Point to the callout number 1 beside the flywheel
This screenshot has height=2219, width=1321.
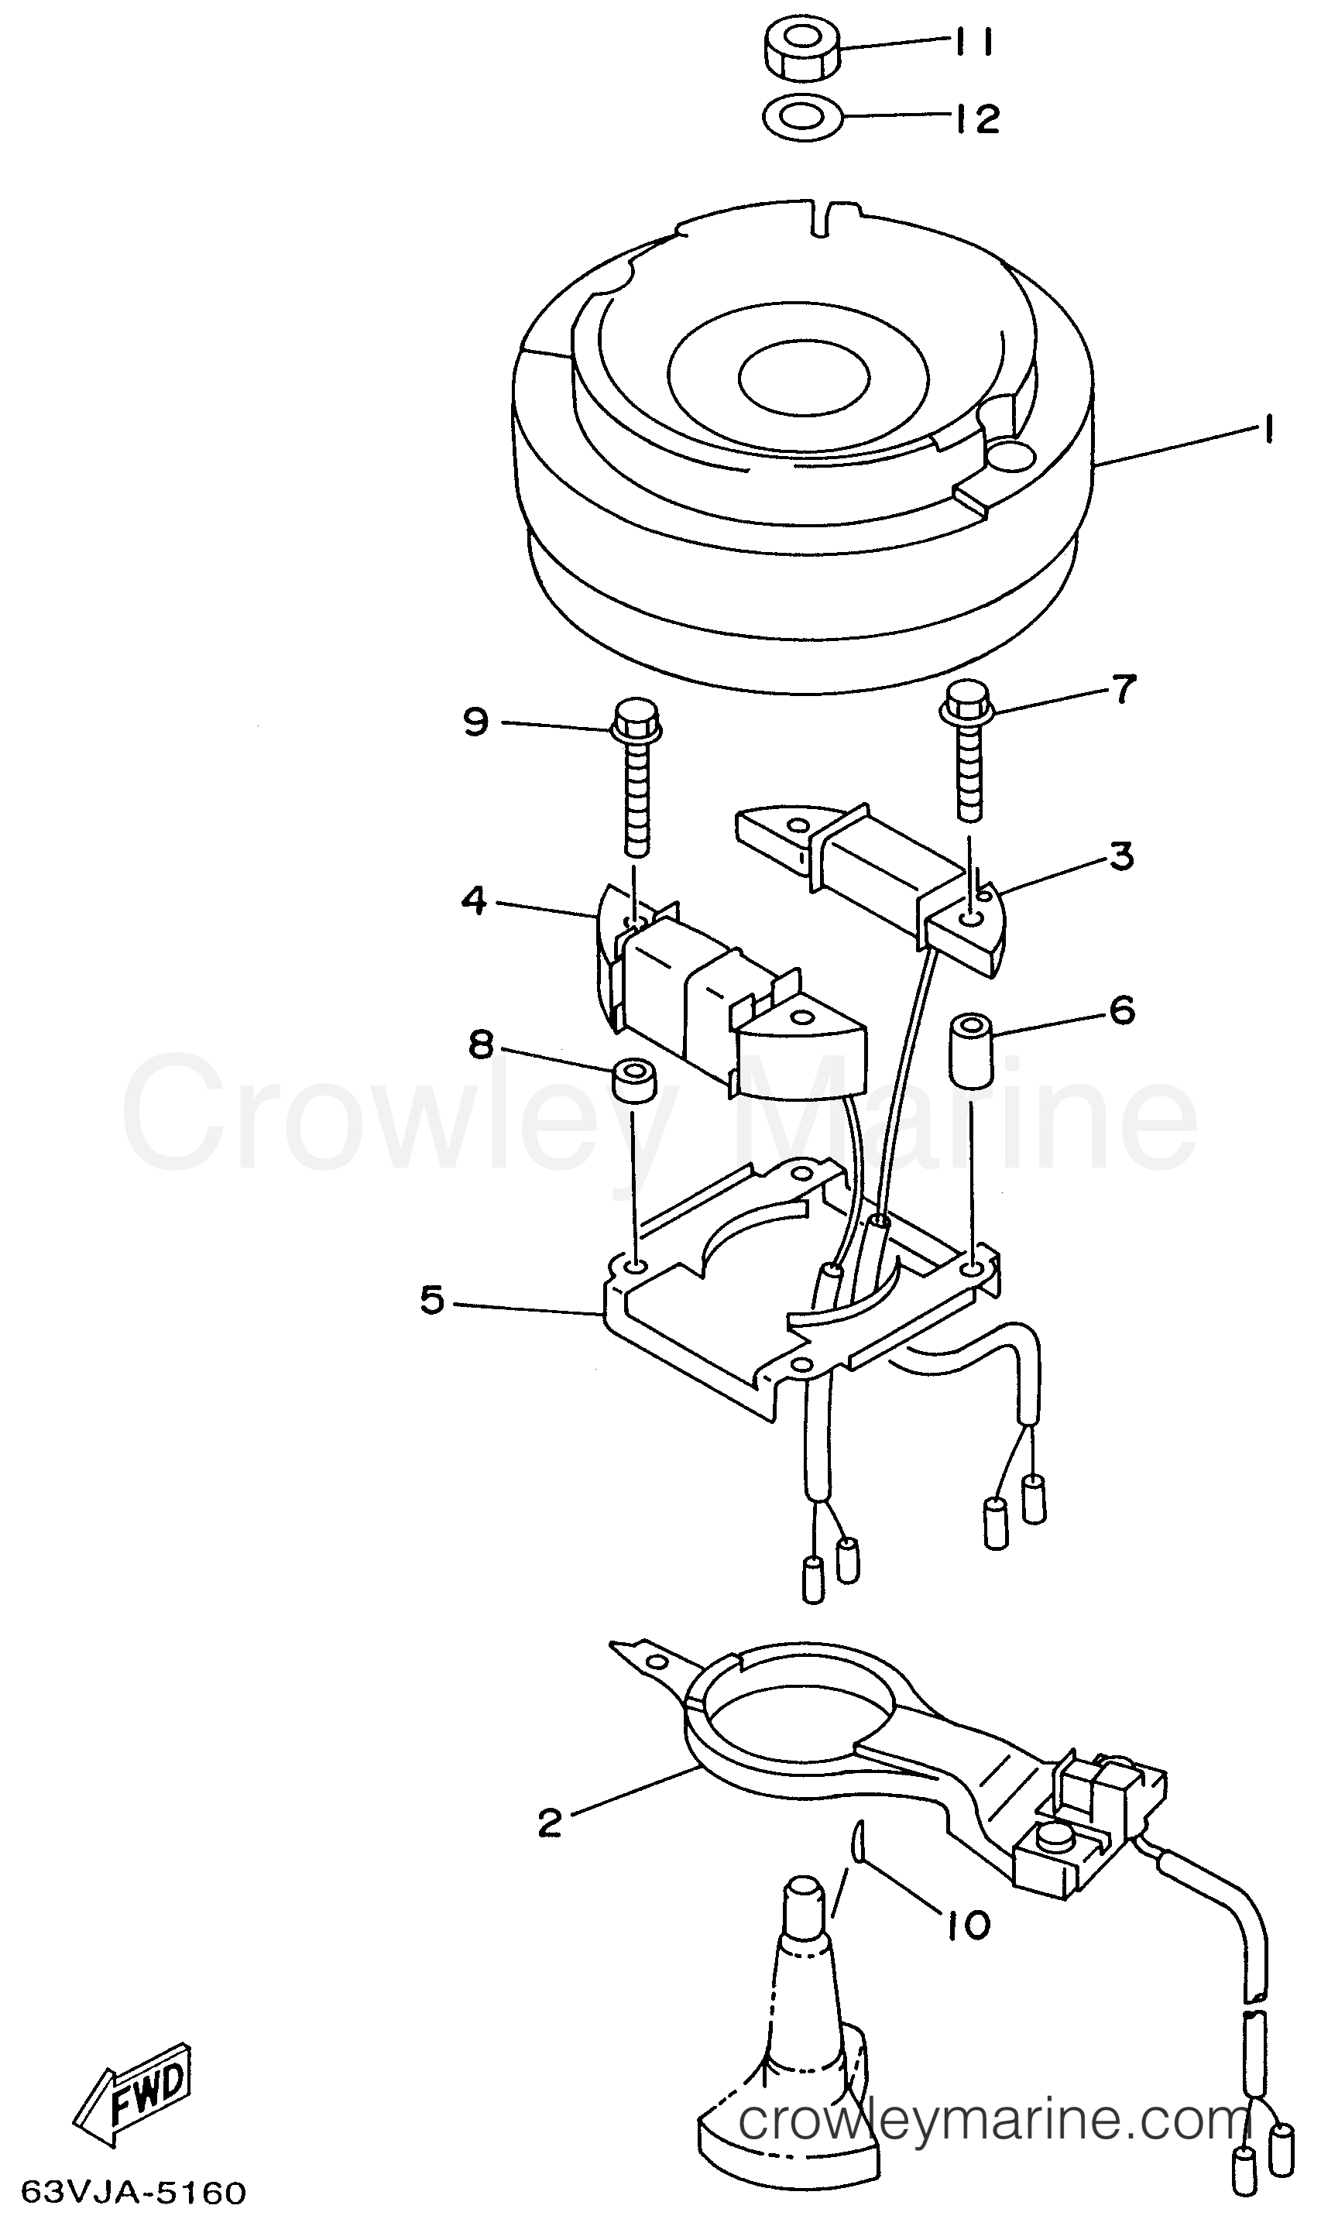click(x=1265, y=432)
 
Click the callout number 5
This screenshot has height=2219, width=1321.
click(x=432, y=1302)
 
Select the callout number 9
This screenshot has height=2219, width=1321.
click(x=476, y=721)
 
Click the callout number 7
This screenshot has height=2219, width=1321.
click(x=1124, y=690)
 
